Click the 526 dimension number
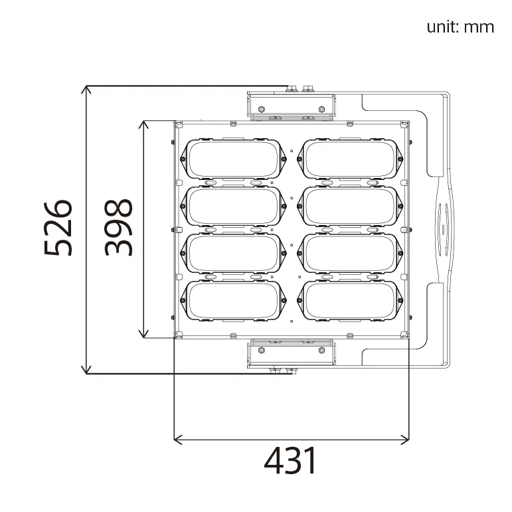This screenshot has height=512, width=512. coord(58,228)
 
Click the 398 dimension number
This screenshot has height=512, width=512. coord(118,228)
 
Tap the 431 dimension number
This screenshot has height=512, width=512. coord(290,461)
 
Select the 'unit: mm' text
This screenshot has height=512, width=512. coord(460,27)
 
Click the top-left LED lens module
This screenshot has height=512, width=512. coord(233,159)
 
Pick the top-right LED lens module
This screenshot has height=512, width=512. coord(350,159)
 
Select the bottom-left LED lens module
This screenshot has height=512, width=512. coord(233,300)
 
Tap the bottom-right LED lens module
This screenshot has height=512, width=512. coord(350,300)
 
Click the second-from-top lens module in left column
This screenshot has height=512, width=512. coord(233,206)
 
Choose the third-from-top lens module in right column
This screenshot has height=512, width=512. coord(350,253)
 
